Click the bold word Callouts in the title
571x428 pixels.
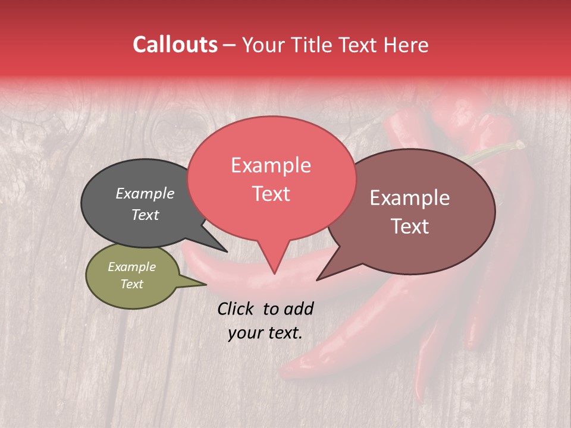175,45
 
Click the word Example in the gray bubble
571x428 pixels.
145,193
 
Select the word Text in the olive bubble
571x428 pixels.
131,284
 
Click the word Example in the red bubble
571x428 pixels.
271,165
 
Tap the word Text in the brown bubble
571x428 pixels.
410,226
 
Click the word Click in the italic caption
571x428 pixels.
236,309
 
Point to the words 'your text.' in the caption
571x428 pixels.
265,333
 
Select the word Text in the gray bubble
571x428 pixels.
145,215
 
